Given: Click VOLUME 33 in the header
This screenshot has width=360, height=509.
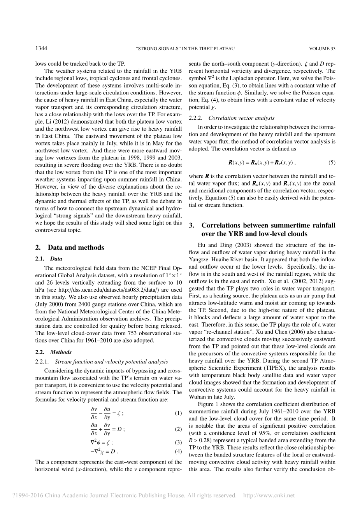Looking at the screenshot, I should click(x=322, y=49).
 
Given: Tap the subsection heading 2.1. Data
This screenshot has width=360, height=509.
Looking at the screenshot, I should click(x=49, y=259).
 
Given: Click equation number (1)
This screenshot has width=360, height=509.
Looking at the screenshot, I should click(x=178, y=413).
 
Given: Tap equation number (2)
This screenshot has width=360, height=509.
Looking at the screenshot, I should click(x=178, y=429).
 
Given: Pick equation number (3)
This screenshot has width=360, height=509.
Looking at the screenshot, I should click(x=178, y=443).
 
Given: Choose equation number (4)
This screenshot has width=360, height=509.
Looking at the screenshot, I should click(x=178, y=451).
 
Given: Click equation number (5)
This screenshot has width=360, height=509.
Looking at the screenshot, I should click(x=332, y=162).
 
